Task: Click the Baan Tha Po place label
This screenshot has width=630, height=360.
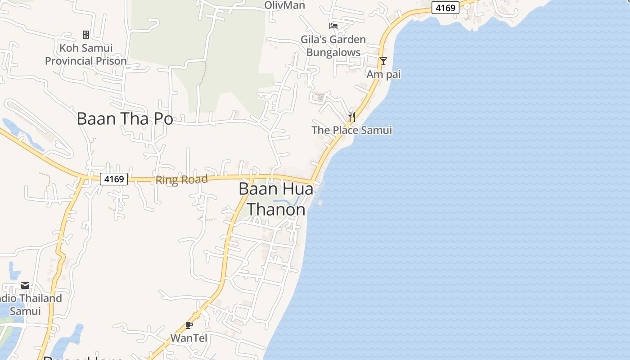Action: click(x=125, y=119)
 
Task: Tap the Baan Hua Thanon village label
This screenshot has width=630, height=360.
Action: click(x=276, y=199)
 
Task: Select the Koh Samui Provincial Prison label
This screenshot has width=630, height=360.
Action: click(x=85, y=54)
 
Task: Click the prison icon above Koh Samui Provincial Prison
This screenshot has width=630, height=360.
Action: click(x=85, y=34)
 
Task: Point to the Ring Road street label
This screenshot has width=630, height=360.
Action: click(x=182, y=180)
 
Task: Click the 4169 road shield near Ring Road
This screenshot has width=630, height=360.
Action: click(x=114, y=179)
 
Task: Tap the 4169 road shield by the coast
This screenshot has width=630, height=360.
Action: click(x=445, y=7)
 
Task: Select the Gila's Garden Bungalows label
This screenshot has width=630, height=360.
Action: click(x=333, y=46)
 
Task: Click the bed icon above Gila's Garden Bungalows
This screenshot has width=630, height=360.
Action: click(x=333, y=26)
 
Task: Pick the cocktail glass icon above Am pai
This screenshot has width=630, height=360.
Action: click(x=383, y=61)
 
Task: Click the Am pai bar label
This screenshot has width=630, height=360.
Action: click(x=383, y=74)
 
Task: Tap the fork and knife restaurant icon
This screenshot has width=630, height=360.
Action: click(x=352, y=117)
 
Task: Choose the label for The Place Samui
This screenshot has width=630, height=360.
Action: click(x=351, y=130)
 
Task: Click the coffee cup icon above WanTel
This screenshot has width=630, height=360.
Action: click(x=189, y=325)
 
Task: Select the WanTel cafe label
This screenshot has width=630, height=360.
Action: click(x=189, y=338)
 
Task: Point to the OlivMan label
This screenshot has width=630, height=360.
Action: click(x=284, y=5)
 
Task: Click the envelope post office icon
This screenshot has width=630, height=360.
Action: click(x=25, y=285)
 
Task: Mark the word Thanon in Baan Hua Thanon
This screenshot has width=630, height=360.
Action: click(x=276, y=209)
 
